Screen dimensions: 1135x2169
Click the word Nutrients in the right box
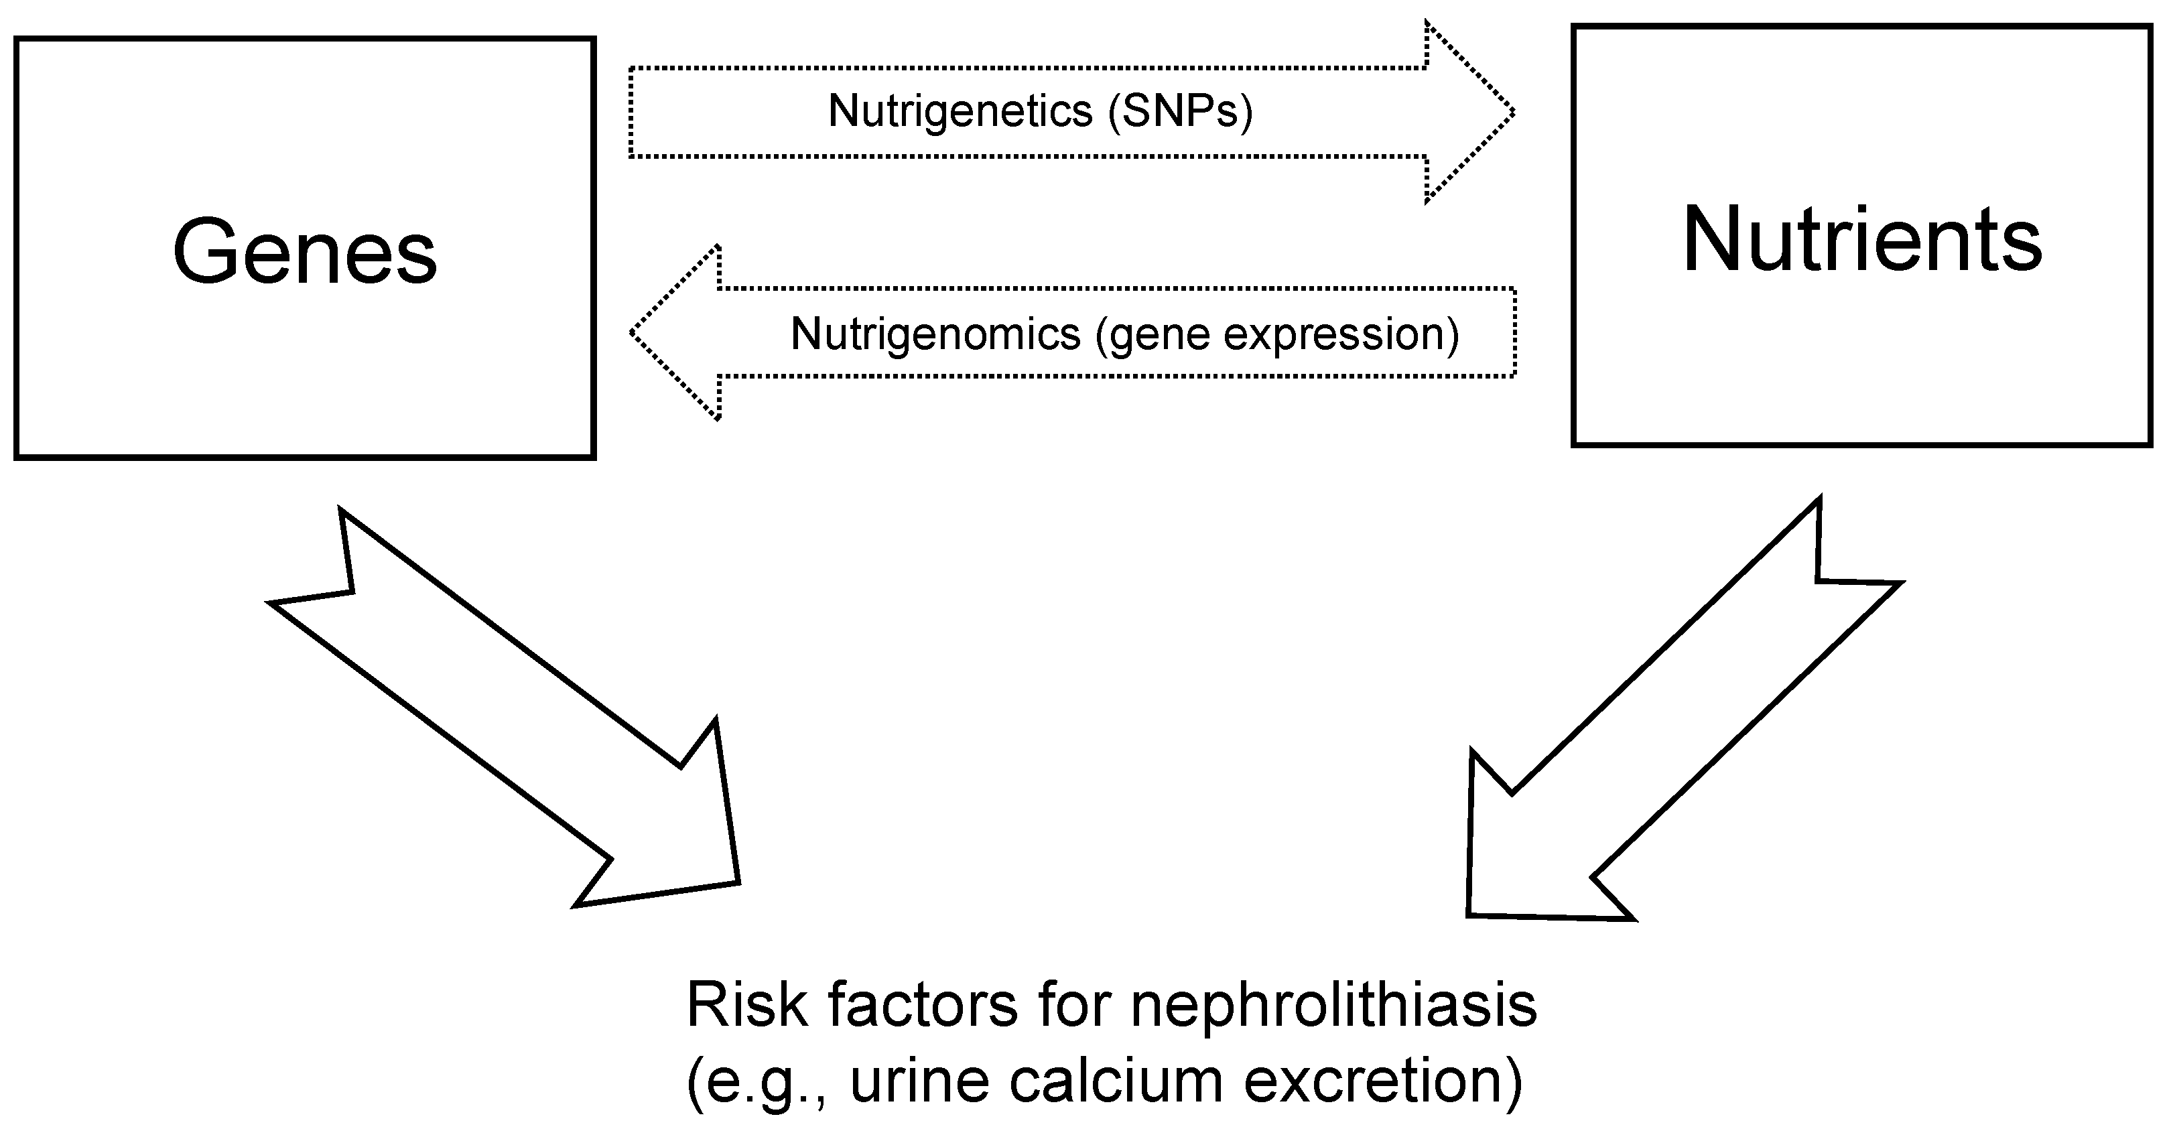[1861, 240]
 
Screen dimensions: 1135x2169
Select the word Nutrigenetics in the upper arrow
[960, 111]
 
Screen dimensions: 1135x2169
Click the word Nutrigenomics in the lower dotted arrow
[935, 334]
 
